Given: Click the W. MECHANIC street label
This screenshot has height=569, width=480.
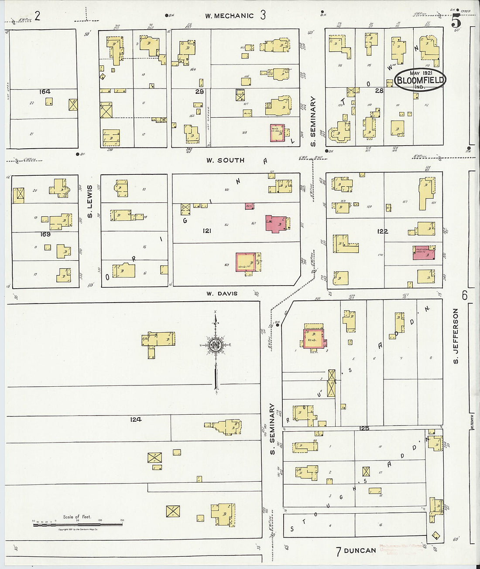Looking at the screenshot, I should pos(230,16).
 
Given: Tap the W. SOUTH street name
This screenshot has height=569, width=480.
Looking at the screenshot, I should pos(225,160).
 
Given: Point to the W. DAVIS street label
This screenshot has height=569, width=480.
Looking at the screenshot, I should pos(222,293).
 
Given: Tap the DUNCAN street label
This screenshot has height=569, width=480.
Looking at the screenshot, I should pos(360,550).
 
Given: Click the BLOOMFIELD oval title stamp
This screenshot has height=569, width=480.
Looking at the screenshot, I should pos(420,80).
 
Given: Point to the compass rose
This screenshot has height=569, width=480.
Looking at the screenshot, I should pos(215,345).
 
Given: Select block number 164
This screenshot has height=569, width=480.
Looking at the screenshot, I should pos(45,92).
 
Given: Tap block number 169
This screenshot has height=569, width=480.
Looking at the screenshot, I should pos(45,234).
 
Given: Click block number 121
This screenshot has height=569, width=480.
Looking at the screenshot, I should pos(206,230).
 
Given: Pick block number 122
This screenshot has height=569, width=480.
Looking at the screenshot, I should pos(382,231).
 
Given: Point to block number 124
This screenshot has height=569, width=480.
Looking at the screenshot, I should pos(135,419).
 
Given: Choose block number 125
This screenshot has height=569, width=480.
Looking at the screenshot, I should pos(364,429).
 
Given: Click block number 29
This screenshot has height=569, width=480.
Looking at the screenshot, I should pos(199,92).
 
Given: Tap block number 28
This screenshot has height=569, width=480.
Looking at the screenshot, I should pos(379,90).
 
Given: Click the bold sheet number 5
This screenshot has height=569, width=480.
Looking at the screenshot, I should pos(456,20).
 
